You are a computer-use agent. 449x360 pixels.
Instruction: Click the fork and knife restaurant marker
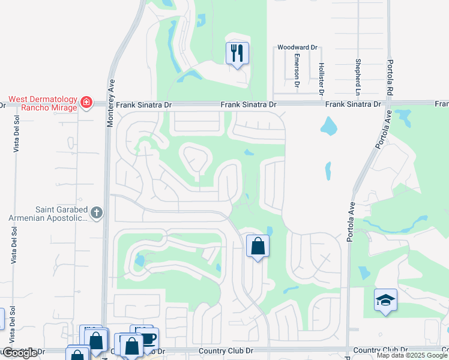coord(238,53)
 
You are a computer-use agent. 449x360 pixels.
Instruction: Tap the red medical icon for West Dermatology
coord(87,103)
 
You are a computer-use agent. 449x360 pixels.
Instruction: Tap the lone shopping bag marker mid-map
coord(258,246)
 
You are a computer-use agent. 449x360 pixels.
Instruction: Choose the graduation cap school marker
coord(385,300)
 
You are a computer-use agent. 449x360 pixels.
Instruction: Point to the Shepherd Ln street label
coord(357,77)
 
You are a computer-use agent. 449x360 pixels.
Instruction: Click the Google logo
coord(20,353)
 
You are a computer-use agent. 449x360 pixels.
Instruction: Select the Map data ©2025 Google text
coord(412,355)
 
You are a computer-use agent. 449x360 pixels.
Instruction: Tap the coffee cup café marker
coord(148,337)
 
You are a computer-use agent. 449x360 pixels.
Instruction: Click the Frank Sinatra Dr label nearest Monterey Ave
coord(144,104)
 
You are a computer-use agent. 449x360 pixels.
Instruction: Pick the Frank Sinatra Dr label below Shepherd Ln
coord(353,104)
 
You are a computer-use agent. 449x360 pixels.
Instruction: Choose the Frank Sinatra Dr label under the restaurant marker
coord(248,104)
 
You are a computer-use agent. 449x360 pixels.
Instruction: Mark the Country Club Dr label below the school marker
coord(381,350)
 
